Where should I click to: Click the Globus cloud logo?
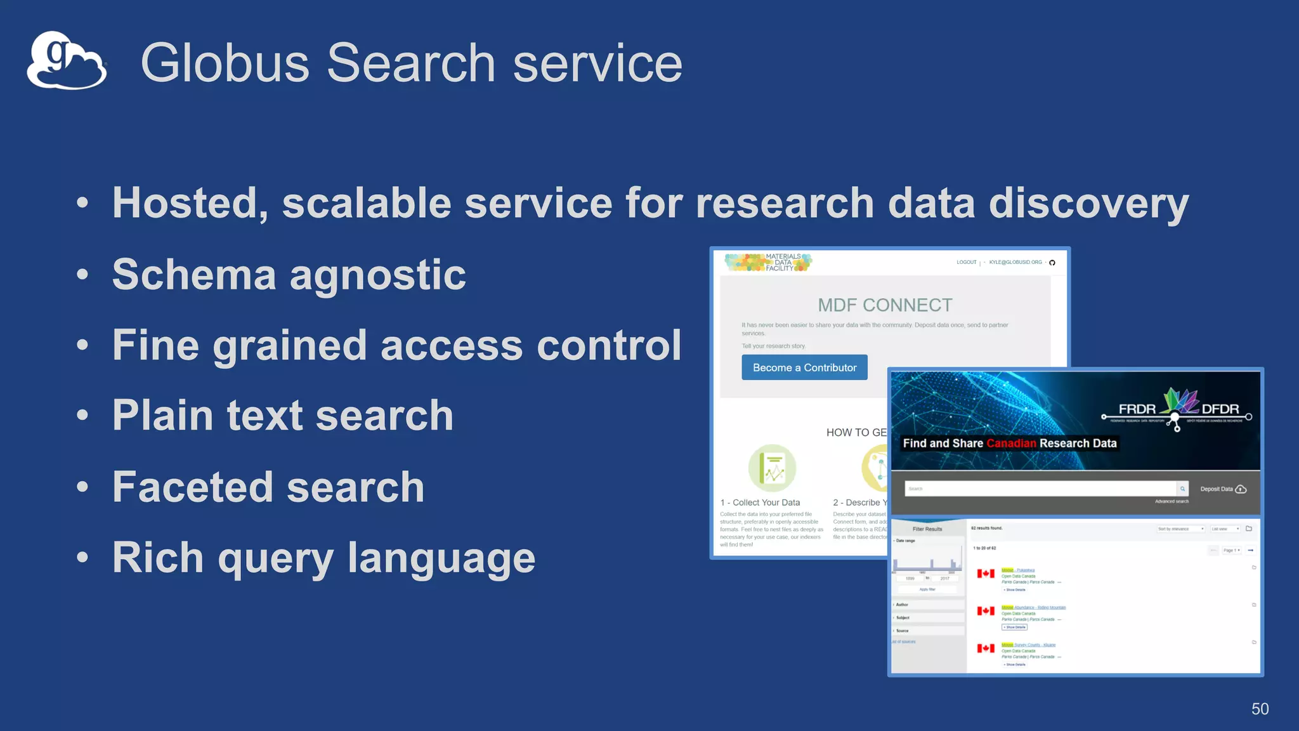coord(66,61)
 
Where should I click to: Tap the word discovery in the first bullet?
coord(1088,204)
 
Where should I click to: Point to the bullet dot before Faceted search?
coord(82,487)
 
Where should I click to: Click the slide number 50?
coord(1260,709)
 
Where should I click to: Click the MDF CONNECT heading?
coord(885,305)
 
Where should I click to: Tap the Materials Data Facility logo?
coord(768,262)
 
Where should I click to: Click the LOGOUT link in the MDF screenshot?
coord(966,262)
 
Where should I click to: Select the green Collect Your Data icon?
coord(772,468)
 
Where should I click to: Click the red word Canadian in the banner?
coord(1011,444)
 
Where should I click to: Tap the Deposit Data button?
coord(1223,489)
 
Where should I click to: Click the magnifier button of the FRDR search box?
coord(1182,489)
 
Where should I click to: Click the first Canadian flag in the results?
coord(986,574)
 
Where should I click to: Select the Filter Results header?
coord(927,529)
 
